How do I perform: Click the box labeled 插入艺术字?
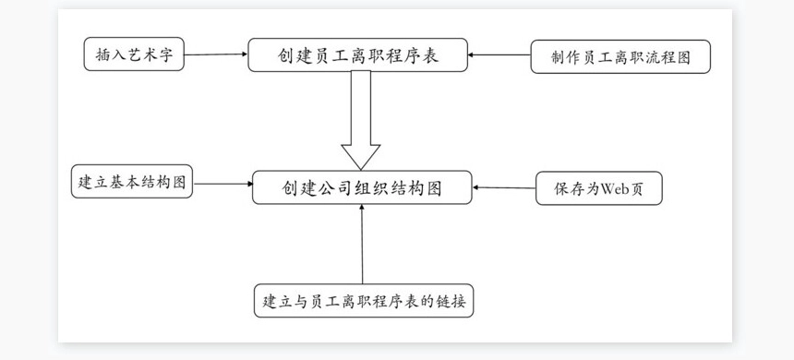[134, 55]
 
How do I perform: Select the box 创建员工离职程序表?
[357, 55]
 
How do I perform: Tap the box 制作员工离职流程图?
[620, 56]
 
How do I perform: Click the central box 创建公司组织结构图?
[362, 187]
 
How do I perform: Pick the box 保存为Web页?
[598, 188]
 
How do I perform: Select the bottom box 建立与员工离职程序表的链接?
[364, 301]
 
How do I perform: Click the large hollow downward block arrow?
[361, 120]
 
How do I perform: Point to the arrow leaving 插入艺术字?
[216, 55]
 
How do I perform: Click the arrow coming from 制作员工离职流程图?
[499, 56]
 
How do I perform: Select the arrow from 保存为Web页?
[504, 188]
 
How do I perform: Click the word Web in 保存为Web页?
[614, 188]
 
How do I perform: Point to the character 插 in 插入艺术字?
[102, 55]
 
